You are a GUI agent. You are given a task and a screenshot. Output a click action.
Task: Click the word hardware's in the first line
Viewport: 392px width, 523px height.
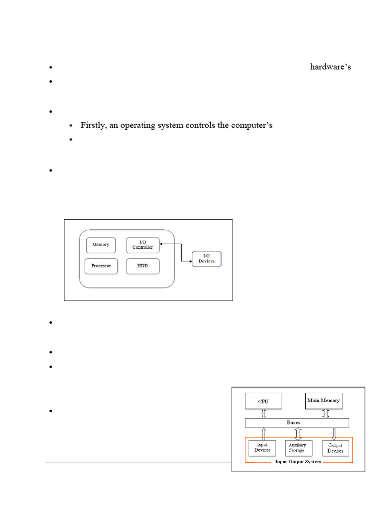pyautogui.click(x=330, y=67)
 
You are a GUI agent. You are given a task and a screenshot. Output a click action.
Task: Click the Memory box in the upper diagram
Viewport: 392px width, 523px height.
pyautogui.click(x=101, y=245)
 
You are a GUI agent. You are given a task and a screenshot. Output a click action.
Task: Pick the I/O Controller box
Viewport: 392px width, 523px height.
pyautogui.click(x=142, y=244)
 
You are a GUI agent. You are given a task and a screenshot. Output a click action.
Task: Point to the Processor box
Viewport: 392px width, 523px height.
pyautogui.click(x=101, y=266)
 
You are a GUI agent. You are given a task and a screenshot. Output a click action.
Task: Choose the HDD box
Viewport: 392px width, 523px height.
pyautogui.click(x=142, y=266)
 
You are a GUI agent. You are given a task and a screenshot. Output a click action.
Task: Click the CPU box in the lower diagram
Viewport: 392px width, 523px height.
pyautogui.click(x=263, y=401)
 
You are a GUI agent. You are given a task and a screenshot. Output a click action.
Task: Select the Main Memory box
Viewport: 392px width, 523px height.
pyautogui.click(x=323, y=401)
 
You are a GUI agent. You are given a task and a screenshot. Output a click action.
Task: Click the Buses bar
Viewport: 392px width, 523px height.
pyautogui.click(x=297, y=423)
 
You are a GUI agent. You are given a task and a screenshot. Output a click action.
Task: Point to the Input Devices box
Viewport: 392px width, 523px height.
pyautogui.click(x=262, y=447)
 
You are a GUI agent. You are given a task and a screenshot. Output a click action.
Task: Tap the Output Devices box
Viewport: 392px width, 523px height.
pyautogui.click(x=335, y=447)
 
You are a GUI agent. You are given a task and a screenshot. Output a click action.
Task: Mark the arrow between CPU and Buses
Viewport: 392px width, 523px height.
pyautogui.click(x=263, y=414)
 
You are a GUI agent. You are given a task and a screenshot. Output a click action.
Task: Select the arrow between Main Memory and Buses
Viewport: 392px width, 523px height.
pyautogui.click(x=323, y=414)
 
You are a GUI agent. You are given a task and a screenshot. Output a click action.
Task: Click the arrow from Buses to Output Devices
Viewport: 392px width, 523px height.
pyautogui.click(x=335, y=434)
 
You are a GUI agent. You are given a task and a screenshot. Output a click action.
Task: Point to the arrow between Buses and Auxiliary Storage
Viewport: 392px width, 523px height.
pyautogui.click(x=298, y=434)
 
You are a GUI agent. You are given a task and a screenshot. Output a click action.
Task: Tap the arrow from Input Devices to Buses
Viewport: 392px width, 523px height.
pyautogui.click(x=263, y=434)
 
